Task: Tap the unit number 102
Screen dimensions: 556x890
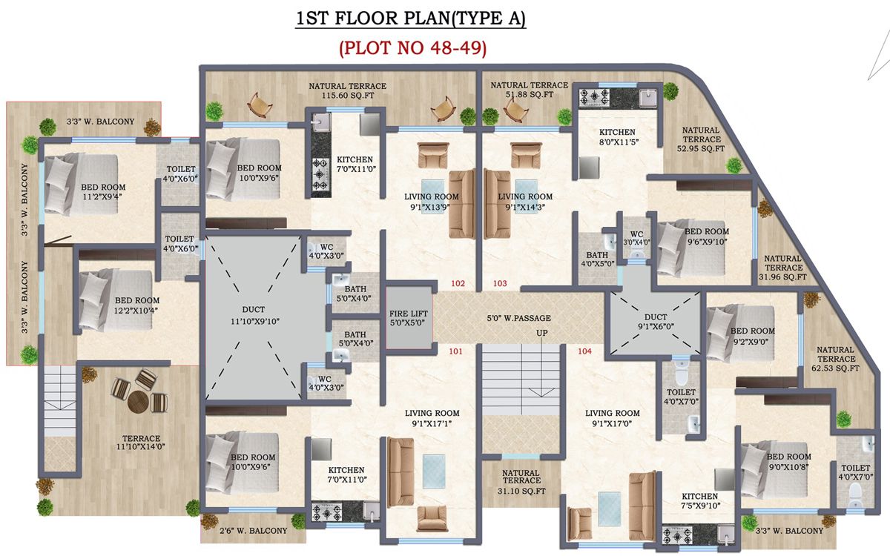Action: (x=457, y=283)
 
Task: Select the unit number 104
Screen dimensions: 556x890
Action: (x=584, y=351)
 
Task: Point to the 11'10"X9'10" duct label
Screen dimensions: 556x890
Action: (x=253, y=315)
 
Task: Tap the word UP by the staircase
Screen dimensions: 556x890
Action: (x=542, y=334)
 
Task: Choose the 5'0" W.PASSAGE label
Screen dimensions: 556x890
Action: (x=519, y=318)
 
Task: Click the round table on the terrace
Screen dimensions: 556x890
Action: (x=138, y=401)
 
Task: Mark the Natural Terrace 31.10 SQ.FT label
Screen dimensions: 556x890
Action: (x=521, y=482)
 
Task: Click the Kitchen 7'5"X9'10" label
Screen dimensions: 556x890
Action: (x=699, y=501)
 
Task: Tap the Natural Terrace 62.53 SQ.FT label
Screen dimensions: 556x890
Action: (x=837, y=359)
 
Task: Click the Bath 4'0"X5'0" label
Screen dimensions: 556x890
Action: (x=596, y=258)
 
